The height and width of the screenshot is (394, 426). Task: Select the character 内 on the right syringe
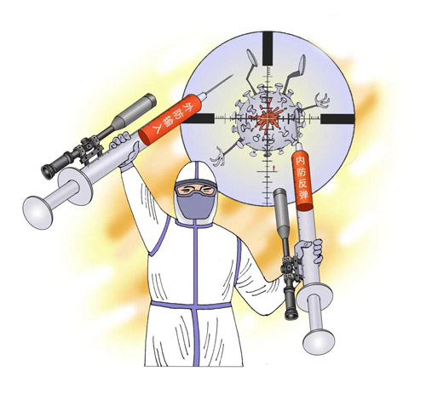[300, 162]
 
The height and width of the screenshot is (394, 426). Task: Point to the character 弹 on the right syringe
[303, 195]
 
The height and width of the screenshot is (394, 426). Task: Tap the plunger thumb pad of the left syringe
[37, 212]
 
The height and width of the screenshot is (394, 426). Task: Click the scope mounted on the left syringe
[99, 136]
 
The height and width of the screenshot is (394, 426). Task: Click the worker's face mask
[195, 206]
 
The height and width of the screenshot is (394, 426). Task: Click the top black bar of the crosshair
[268, 49]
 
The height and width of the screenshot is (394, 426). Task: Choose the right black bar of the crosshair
[337, 119]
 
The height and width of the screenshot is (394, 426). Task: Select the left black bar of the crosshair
[199, 118]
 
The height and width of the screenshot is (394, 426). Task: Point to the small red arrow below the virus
[273, 168]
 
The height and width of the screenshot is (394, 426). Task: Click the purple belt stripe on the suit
[191, 305]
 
